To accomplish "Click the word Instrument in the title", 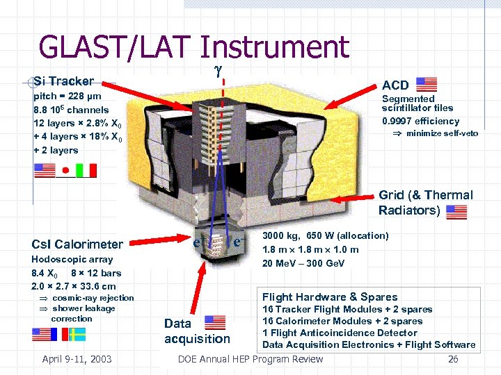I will [274, 48].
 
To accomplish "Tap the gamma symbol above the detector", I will [223, 70].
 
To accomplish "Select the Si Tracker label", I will [63, 81].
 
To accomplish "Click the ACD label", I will [395, 85].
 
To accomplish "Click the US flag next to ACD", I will [426, 85].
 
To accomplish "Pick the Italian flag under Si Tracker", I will [86, 170].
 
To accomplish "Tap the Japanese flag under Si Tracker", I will [65, 170].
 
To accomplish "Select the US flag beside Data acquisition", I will [215, 322].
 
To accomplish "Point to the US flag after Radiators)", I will [456, 211].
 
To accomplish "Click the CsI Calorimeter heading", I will [77, 244].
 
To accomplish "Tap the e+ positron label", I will [198, 242].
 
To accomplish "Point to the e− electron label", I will [238, 243].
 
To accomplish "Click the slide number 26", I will [453, 359].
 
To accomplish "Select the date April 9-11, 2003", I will [77, 359].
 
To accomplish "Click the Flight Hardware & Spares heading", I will [330, 297].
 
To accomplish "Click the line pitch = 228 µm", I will [67, 97].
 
